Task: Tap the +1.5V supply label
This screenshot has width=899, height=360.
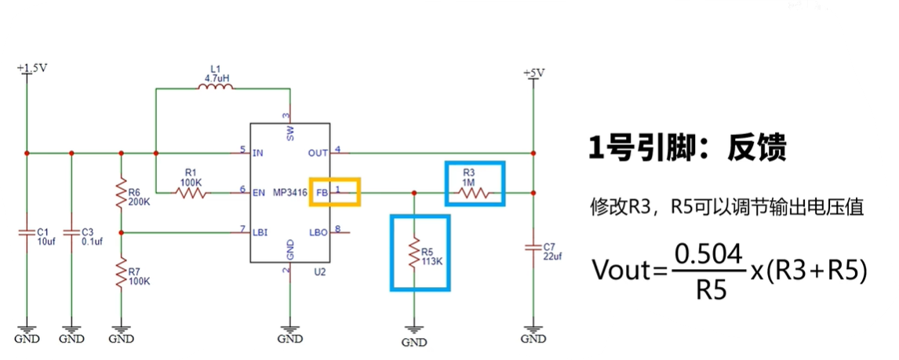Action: coord(32,68)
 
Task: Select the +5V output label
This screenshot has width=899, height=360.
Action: coord(533,73)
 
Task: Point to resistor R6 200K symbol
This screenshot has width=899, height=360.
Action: coord(121,193)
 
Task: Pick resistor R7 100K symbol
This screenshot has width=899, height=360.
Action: coord(121,275)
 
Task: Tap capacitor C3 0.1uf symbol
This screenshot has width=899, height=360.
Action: coord(71,232)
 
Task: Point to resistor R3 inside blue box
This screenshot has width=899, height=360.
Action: coord(475,192)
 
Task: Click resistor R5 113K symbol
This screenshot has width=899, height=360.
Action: coord(414,253)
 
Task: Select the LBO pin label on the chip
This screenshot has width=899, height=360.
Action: coord(318,233)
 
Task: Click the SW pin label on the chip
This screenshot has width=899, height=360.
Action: coord(290,133)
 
